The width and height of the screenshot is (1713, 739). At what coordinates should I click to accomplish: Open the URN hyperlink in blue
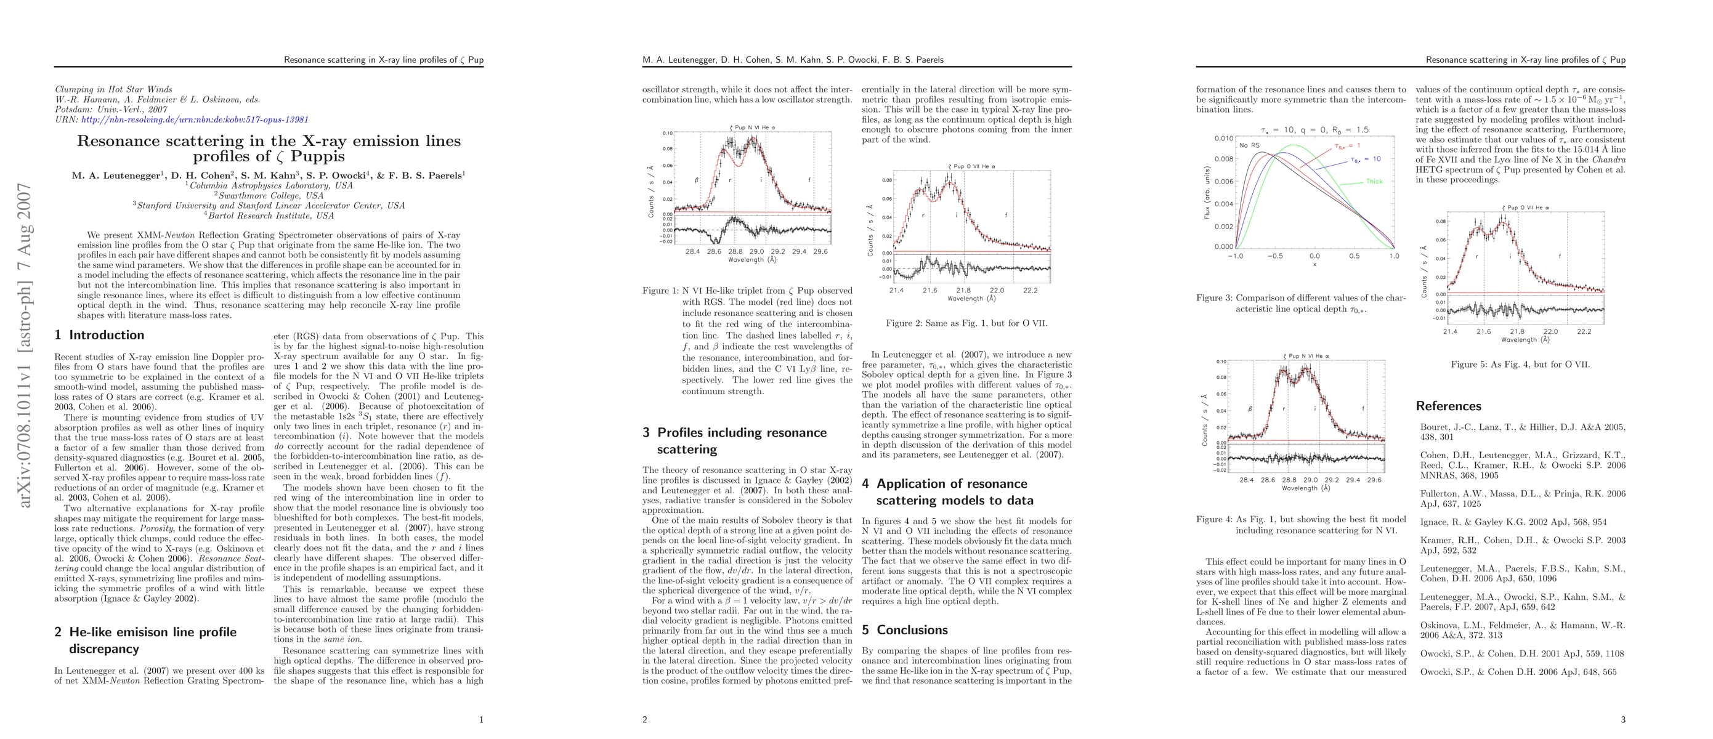(x=195, y=119)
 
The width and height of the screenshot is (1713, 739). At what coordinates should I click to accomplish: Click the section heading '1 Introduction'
(x=99, y=335)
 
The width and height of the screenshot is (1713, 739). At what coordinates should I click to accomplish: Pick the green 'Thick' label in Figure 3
(x=1374, y=182)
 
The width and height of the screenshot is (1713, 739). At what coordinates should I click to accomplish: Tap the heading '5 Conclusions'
(x=904, y=629)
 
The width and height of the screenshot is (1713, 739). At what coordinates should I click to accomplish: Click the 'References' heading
(x=1448, y=405)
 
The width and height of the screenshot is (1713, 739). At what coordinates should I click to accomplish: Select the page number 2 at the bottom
(x=644, y=719)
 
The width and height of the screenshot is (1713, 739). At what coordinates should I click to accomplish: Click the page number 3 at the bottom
(x=1622, y=719)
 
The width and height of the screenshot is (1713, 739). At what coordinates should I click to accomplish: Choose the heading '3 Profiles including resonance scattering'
(x=734, y=440)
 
